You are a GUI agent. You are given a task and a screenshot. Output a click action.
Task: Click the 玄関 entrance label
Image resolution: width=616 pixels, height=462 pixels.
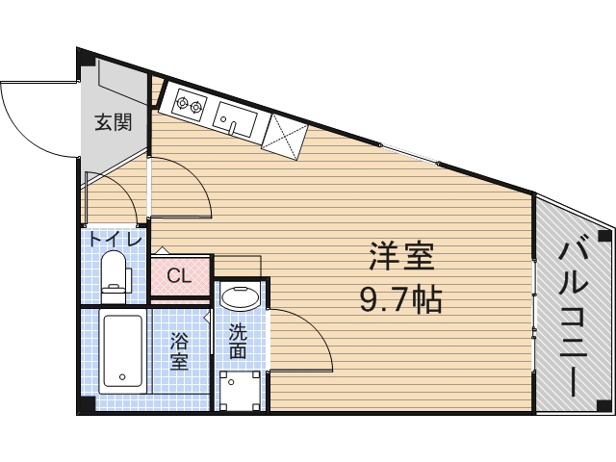(113, 123)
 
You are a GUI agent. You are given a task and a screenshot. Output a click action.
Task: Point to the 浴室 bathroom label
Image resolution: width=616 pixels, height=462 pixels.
(179, 351)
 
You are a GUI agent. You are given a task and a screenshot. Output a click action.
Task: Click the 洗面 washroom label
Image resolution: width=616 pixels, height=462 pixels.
(237, 342)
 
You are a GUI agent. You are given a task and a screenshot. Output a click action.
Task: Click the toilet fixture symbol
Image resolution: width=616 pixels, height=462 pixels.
(115, 271)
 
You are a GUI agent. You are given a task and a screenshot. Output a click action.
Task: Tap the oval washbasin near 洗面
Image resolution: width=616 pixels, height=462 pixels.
(239, 296)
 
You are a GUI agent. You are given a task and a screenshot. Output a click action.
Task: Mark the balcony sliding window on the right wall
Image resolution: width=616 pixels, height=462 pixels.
(534, 298)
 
